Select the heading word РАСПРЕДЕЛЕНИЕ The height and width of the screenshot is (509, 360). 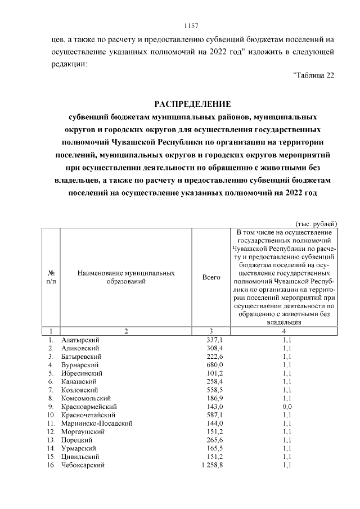pyautogui.click(x=192, y=105)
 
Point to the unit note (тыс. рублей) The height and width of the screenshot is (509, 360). pyautogui.click(x=316, y=223)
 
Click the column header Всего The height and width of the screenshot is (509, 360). pyautogui.click(x=211, y=277)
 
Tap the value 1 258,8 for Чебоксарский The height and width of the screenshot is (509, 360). pyautogui.click(x=212, y=465)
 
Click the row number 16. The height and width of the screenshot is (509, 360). pyautogui.click(x=51, y=465)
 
